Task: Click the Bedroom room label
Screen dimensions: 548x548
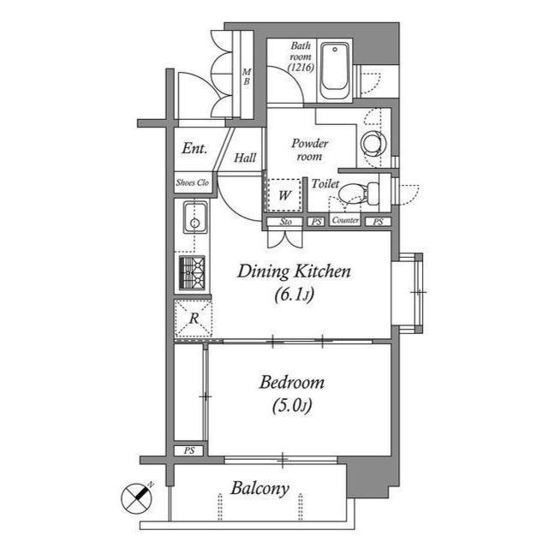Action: pyautogui.click(x=293, y=383)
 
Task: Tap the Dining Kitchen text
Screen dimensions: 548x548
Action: pyautogui.click(x=294, y=272)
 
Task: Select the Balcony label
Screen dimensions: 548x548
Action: pyautogui.click(x=259, y=489)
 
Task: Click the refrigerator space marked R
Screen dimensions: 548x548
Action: pyautogui.click(x=194, y=319)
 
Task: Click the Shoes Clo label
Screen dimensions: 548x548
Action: pyautogui.click(x=193, y=182)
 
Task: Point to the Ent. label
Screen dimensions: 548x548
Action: pyautogui.click(x=194, y=148)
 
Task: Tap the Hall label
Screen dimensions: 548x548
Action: pyautogui.click(x=246, y=158)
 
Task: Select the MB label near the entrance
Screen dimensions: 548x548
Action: pyautogui.click(x=245, y=78)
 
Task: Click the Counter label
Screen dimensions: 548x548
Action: pyautogui.click(x=345, y=222)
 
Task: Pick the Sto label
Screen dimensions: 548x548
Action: pyautogui.click(x=285, y=222)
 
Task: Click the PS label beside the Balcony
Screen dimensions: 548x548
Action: pyautogui.click(x=188, y=450)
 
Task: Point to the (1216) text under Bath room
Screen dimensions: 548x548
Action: pyautogui.click(x=300, y=66)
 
